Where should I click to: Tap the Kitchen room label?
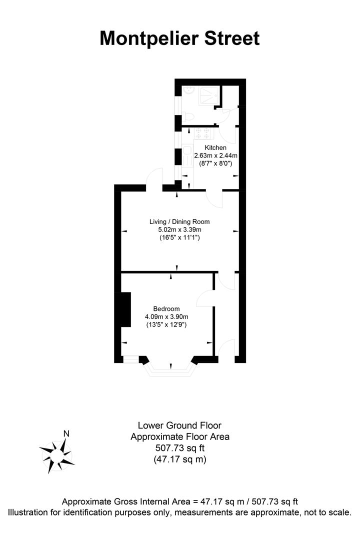click(x=215, y=148)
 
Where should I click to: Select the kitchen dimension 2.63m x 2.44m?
click(x=215, y=155)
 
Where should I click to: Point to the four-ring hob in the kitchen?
click(x=202, y=132)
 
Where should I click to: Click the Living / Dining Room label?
click(x=179, y=221)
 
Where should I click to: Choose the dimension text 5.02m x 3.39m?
click(x=179, y=229)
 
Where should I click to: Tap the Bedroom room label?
click(x=166, y=308)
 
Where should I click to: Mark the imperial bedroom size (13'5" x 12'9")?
click(x=166, y=324)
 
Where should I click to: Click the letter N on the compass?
click(x=66, y=433)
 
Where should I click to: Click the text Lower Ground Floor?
click(x=179, y=427)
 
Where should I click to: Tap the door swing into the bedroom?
click(x=205, y=298)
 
